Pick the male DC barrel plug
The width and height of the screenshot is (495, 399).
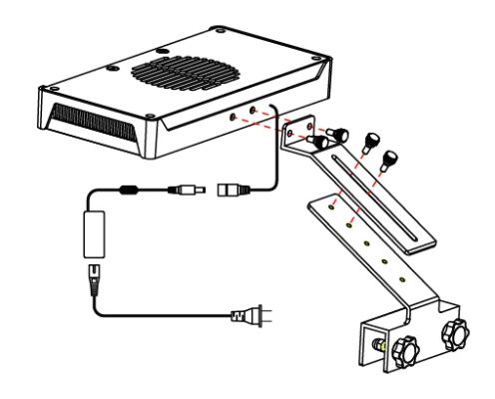[191, 188]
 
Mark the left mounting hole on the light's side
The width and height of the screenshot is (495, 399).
[237, 116]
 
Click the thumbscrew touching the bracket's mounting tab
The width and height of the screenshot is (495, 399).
[321, 143]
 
